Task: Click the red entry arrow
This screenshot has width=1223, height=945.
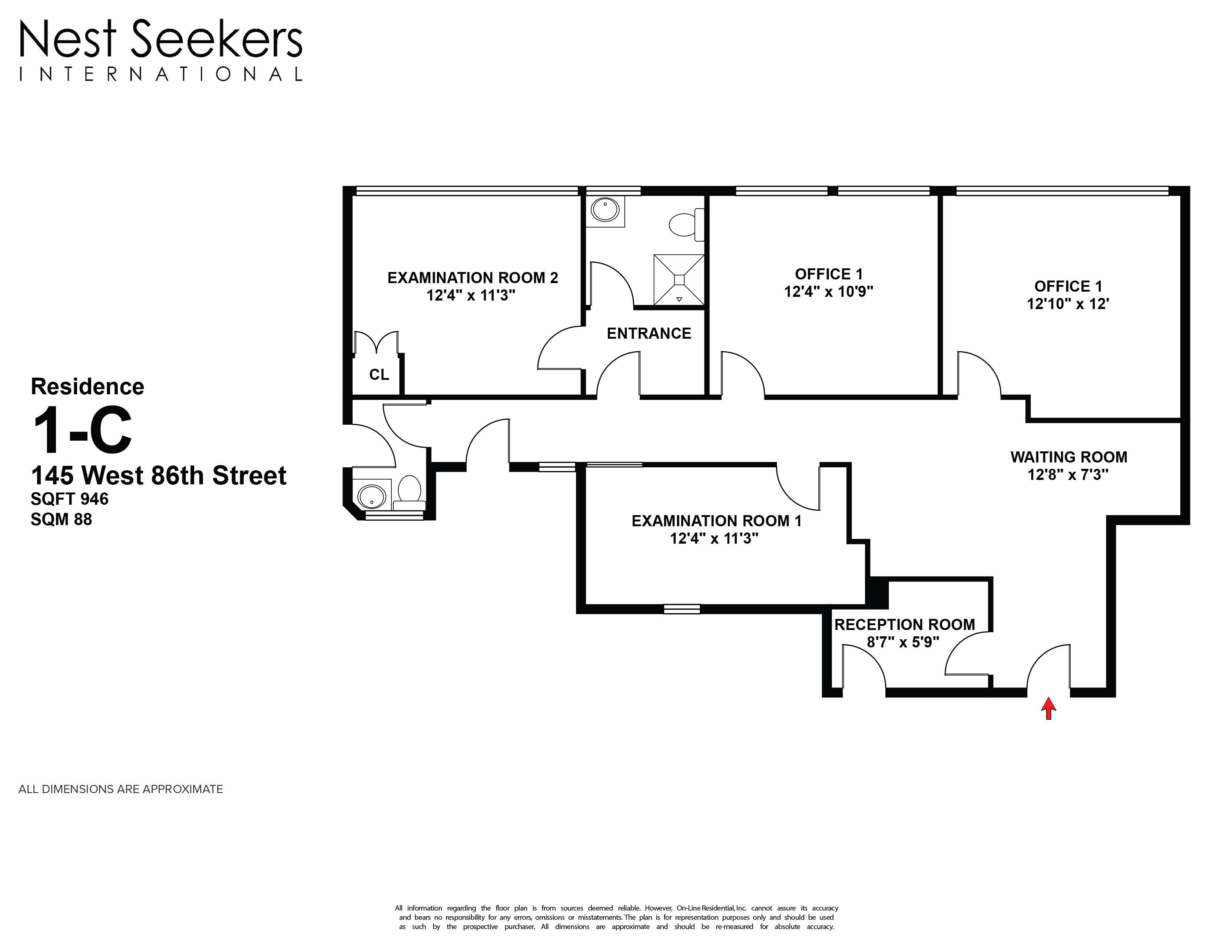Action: coord(1048,708)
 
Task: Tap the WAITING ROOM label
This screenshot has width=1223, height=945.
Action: coord(1068,457)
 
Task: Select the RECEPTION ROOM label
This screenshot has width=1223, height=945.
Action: coord(904,624)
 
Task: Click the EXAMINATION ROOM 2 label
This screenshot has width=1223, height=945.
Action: coord(473,278)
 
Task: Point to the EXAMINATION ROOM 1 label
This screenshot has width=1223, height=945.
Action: coord(716,521)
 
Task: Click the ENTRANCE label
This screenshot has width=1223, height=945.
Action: coord(649,334)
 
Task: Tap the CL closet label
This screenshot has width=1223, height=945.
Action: coord(379,375)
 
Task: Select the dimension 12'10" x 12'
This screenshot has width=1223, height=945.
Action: coord(1068,304)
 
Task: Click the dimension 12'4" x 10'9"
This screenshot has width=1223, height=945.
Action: coord(828,292)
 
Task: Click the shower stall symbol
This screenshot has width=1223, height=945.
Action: coord(679,280)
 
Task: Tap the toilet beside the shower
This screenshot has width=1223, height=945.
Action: coord(683,225)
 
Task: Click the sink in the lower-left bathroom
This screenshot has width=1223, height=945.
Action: coord(372,496)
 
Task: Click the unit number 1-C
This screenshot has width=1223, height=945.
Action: coord(82,430)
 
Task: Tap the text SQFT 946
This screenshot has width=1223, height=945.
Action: coord(69,499)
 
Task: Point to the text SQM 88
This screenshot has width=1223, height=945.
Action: coord(61,520)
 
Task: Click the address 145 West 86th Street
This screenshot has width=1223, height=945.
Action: coord(159,476)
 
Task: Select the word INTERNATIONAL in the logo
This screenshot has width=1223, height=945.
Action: coord(161,74)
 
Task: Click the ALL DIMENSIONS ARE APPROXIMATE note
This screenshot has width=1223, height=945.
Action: coord(121,789)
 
